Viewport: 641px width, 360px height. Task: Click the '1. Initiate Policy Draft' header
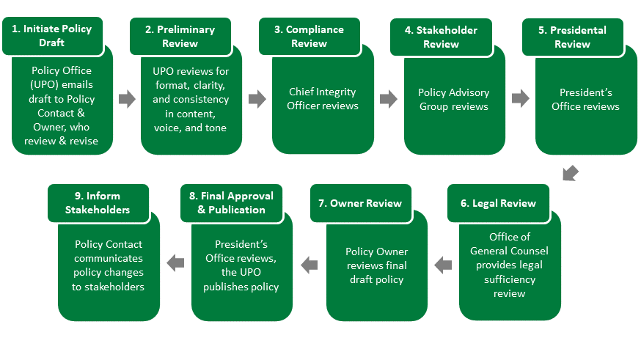point(52,35)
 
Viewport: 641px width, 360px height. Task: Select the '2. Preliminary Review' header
point(180,36)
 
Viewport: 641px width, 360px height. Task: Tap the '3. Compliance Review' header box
point(309,36)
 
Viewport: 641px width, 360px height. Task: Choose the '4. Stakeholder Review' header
point(441,37)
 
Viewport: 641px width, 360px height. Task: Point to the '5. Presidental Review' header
point(573,37)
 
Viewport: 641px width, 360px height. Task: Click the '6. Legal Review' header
point(498,203)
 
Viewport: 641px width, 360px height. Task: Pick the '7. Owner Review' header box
point(361,203)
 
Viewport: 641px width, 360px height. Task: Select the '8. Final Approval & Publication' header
point(231,203)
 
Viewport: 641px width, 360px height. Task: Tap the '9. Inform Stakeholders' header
point(98,203)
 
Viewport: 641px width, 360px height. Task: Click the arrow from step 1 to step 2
point(127,99)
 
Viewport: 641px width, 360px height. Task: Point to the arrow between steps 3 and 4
point(389,99)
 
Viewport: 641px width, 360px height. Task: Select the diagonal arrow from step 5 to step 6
point(571,173)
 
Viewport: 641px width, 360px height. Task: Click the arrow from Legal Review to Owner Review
point(443,265)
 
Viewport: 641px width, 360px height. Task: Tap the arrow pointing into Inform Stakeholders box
point(175,262)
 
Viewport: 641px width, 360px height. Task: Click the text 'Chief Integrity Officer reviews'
point(323,99)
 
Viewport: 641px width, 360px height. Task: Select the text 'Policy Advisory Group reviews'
point(454,99)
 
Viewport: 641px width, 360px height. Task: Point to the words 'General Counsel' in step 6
point(510,251)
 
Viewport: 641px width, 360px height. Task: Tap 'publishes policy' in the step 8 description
point(241,287)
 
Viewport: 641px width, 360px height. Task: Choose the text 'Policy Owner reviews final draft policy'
point(376,265)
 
